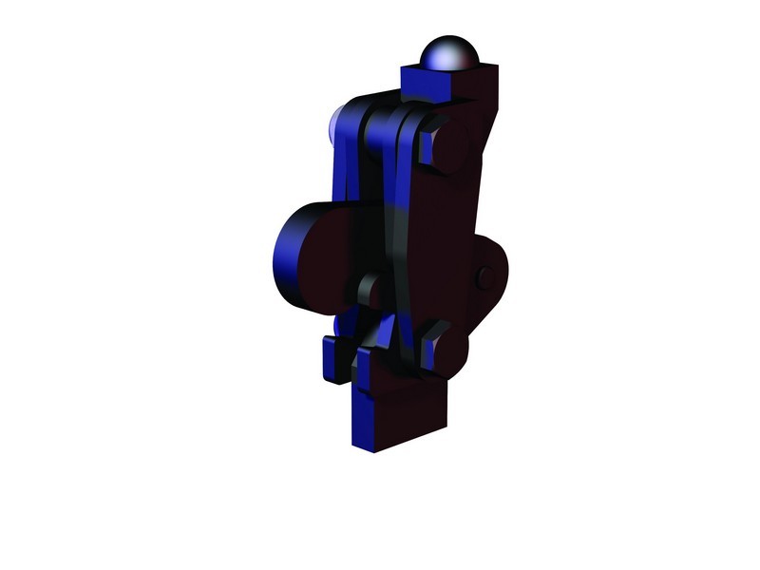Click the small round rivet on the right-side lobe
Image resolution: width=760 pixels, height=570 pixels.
[485, 277]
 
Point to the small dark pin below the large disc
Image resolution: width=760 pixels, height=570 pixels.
[370, 290]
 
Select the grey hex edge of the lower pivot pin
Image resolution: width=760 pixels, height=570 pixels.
[428, 348]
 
